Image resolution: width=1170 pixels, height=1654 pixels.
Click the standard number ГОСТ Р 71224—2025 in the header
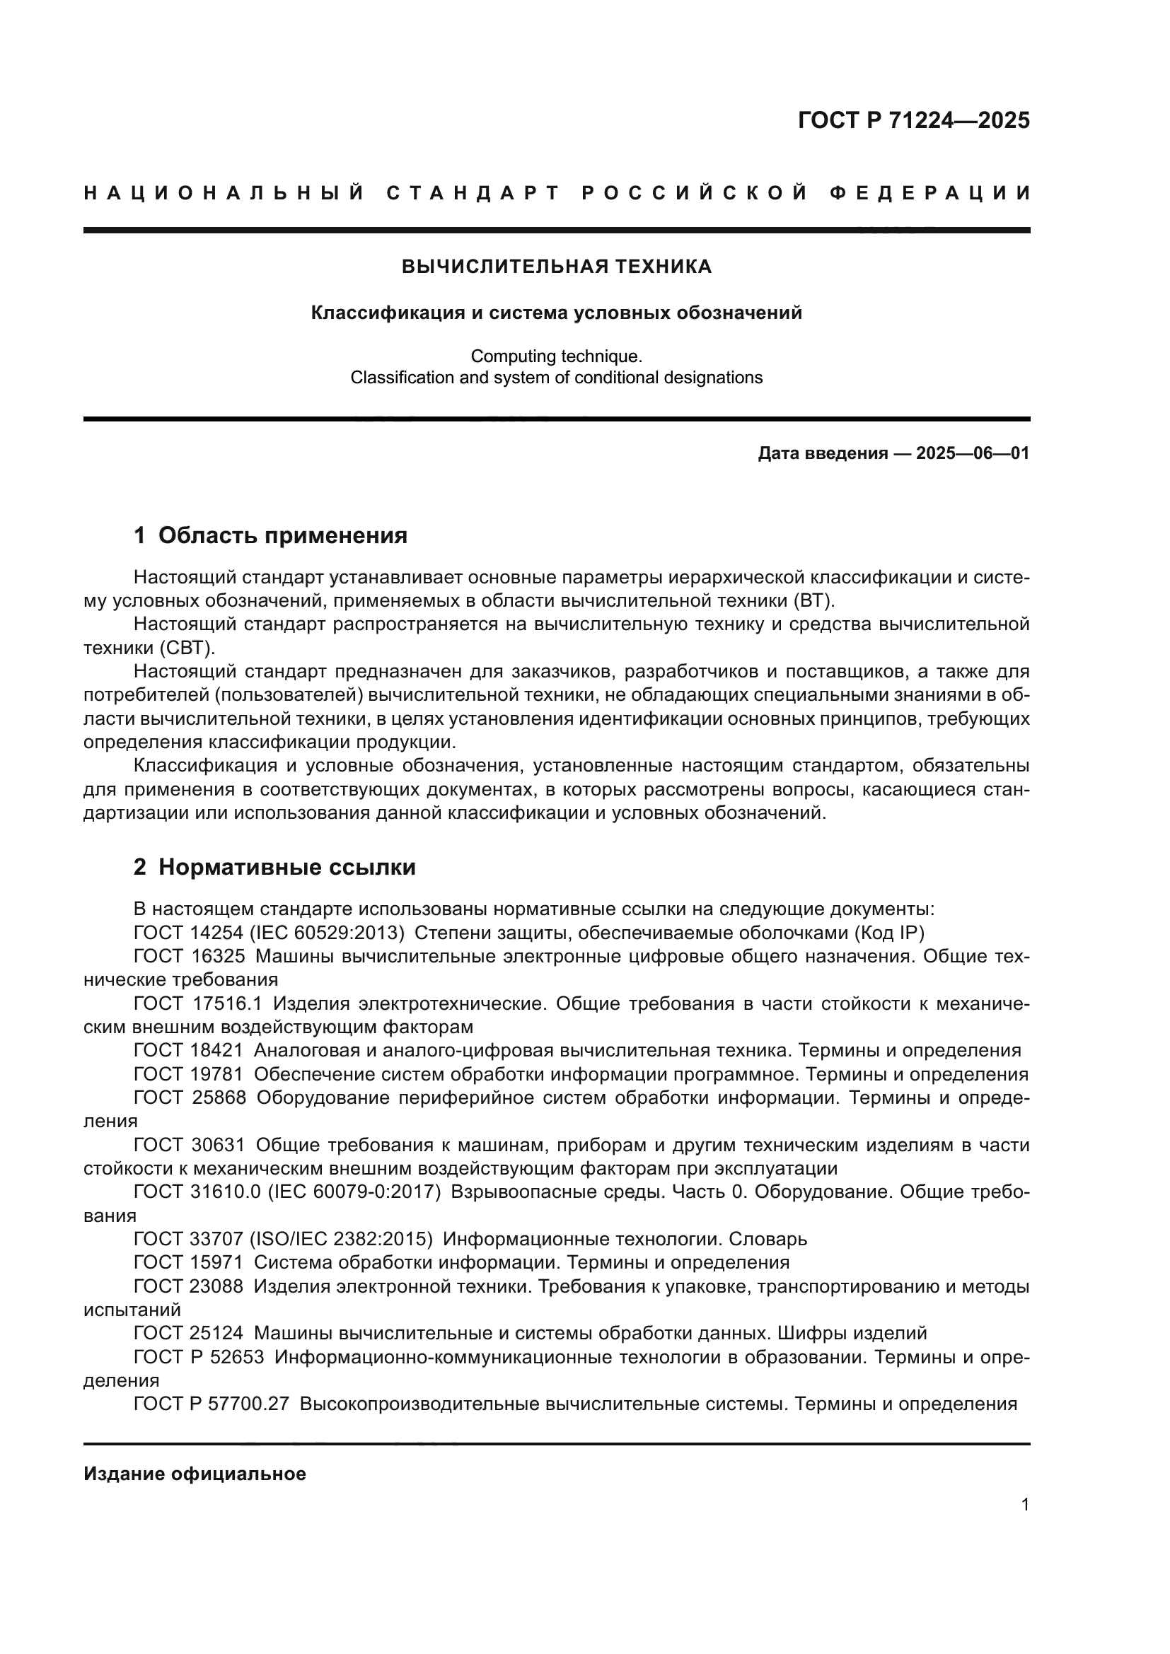tap(913, 120)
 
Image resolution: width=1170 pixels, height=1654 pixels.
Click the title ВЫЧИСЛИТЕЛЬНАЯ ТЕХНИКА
tap(556, 267)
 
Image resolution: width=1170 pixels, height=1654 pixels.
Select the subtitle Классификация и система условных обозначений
tap(556, 313)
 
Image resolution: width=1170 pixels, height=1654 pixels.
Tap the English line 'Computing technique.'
tap(556, 356)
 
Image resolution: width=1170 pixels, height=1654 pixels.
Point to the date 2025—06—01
tap(973, 453)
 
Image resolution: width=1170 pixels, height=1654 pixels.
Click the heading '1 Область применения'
tap(271, 535)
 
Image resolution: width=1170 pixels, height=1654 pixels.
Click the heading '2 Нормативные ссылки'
tap(274, 867)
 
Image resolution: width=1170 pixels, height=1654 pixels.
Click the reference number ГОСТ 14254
tap(189, 933)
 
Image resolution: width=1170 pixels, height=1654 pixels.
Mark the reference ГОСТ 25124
tap(189, 1334)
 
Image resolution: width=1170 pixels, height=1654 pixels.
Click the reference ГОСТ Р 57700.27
tap(211, 1404)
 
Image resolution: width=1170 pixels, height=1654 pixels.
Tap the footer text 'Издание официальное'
tap(195, 1474)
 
